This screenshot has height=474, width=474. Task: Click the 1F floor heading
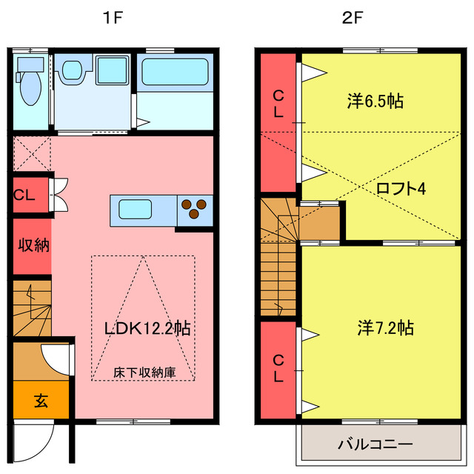pyautogui.click(x=113, y=19)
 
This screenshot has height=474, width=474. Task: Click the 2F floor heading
pyautogui.click(x=352, y=19)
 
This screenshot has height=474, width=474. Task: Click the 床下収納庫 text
pyautogui.click(x=144, y=372)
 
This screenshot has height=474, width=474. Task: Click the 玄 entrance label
pyautogui.click(x=41, y=402)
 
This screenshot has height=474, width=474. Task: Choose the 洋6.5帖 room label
pyautogui.click(x=375, y=101)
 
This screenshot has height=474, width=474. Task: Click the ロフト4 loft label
pyautogui.click(x=400, y=188)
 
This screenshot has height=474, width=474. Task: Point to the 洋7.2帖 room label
pyautogui.click(x=385, y=326)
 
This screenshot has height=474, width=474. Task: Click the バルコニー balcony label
pyautogui.click(x=375, y=444)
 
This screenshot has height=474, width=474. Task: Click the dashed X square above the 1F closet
pyautogui.click(x=31, y=153)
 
